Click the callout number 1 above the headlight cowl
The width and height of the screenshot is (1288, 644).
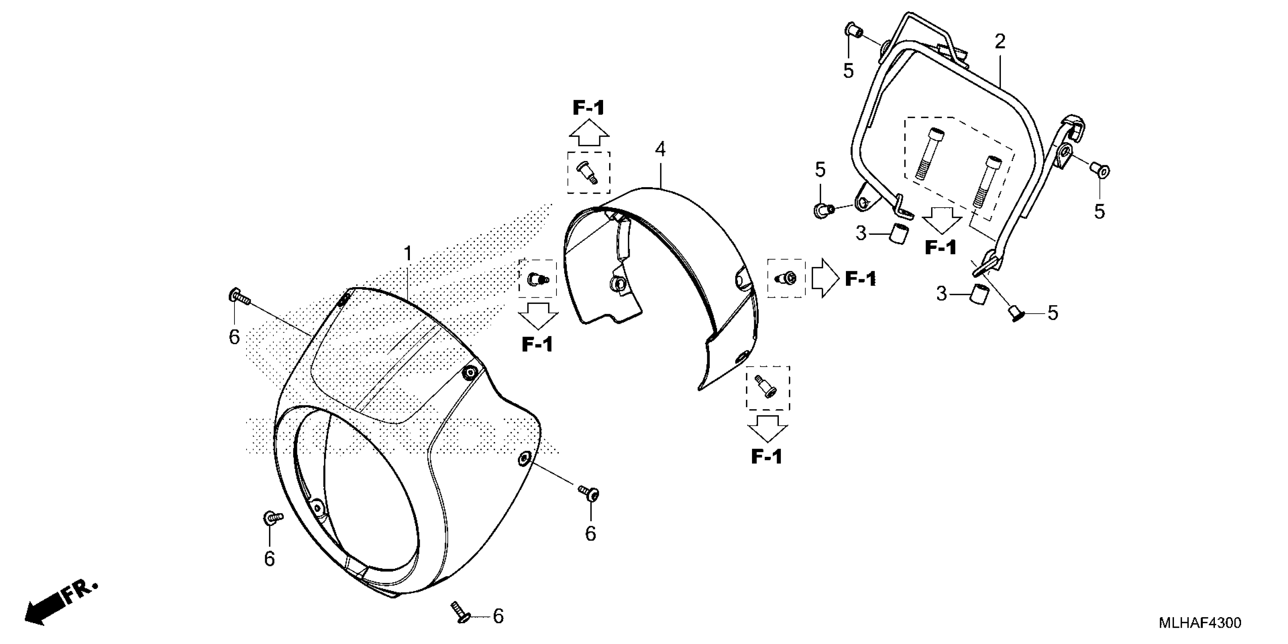408,254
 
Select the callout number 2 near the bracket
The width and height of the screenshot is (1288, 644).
999,42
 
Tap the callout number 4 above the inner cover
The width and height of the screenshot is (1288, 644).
660,149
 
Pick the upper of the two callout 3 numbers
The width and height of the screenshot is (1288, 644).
861,233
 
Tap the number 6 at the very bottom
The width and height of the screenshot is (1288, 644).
498,616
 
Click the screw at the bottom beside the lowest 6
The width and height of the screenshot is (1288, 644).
459,611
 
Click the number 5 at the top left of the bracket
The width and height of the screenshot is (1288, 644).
848,71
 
